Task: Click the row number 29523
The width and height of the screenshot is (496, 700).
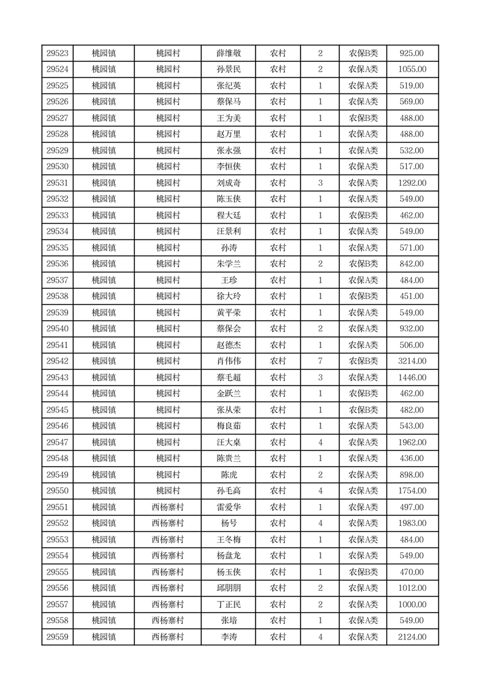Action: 57,53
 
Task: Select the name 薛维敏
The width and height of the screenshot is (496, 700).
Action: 228,53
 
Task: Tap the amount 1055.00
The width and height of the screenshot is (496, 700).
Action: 412,69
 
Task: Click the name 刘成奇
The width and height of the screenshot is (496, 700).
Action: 228,183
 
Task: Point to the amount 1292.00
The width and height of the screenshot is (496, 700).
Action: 412,183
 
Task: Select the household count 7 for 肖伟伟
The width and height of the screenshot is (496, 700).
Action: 320,361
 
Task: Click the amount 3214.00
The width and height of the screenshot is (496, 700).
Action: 412,361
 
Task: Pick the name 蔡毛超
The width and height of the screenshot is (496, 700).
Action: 228,377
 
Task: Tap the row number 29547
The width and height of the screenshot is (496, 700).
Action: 57,442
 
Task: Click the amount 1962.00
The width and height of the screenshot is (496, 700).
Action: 412,442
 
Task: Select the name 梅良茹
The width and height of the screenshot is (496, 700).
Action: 228,426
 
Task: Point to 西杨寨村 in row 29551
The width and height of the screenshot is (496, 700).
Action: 167,507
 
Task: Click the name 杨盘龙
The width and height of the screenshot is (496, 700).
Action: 228,556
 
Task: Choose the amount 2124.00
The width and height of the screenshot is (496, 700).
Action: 412,637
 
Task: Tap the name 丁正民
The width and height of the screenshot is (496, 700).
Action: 228,605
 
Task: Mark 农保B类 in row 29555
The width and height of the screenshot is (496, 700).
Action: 363,572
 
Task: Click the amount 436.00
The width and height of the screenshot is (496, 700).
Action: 412,459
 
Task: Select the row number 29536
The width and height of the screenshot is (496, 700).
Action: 57,264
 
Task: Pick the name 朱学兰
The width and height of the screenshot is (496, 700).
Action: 228,264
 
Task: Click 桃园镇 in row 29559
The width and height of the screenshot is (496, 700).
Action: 103,637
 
